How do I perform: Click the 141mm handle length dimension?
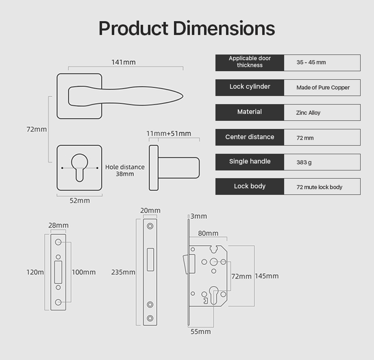(124, 62)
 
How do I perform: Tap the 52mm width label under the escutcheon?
(80, 201)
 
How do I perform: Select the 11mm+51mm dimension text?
(169, 133)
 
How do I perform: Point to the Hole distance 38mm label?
(125, 170)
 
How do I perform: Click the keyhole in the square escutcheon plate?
(79, 166)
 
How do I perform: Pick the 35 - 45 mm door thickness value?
(311, 63)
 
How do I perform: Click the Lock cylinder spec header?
(250, 87)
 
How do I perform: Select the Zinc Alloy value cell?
(308, 113)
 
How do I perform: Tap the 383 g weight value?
(304, 162)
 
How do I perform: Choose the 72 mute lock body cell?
(319, 187)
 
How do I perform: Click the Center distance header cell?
(250, 137)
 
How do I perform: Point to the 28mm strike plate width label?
(59, 225)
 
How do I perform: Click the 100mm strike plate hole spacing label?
(84, 272)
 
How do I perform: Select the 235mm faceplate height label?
(123, 272)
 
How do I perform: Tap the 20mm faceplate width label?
(150, 210)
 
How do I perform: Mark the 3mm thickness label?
(199, 216)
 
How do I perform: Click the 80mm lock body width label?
(208, 233)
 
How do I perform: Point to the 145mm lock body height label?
(267, 276)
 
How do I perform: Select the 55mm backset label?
(201, 332)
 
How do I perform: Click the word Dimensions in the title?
(224, 28)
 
